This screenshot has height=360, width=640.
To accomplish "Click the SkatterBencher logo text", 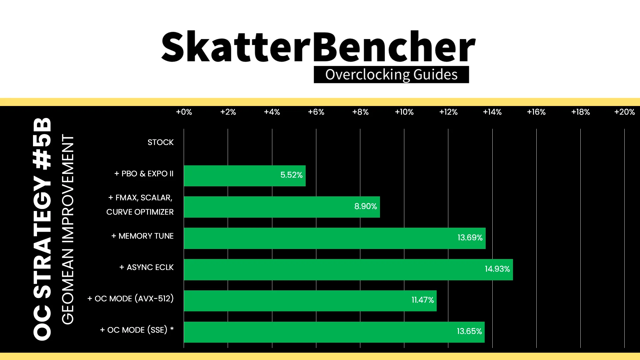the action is coord(318,47).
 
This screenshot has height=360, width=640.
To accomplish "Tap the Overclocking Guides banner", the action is coord(391,74).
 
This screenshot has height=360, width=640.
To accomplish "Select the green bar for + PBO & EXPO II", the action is coord(245,176).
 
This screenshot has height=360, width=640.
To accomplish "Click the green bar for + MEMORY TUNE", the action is coord(335,238).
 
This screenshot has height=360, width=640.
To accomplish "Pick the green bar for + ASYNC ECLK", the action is coord(348,270).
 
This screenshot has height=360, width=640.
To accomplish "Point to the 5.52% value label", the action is coord(291,175).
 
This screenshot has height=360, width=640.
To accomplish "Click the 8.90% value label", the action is coord(365,206).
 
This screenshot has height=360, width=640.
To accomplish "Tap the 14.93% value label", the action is coord(497,269).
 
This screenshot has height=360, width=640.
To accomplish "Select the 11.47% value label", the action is coord(423,300).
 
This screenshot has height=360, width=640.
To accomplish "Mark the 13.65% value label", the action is coord(469,331).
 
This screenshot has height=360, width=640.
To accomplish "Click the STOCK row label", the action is coord(161,142).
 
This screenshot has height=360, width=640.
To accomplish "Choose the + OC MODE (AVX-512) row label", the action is coord(130,298).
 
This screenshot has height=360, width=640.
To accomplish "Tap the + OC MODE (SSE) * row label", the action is coord(137,330).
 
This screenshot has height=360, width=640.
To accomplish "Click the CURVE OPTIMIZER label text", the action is coord(140,212).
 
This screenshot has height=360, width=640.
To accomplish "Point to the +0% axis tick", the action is coord(184,112).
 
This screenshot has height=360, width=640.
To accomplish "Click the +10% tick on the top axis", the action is coord(404,112).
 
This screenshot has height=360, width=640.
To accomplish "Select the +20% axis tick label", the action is coord(625,112).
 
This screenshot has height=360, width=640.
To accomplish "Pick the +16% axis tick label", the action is coord(536,112).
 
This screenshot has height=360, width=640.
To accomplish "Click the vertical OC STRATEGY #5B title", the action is coord(42,229).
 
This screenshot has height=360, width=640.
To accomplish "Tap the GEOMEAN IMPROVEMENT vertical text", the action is coord(68,229).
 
